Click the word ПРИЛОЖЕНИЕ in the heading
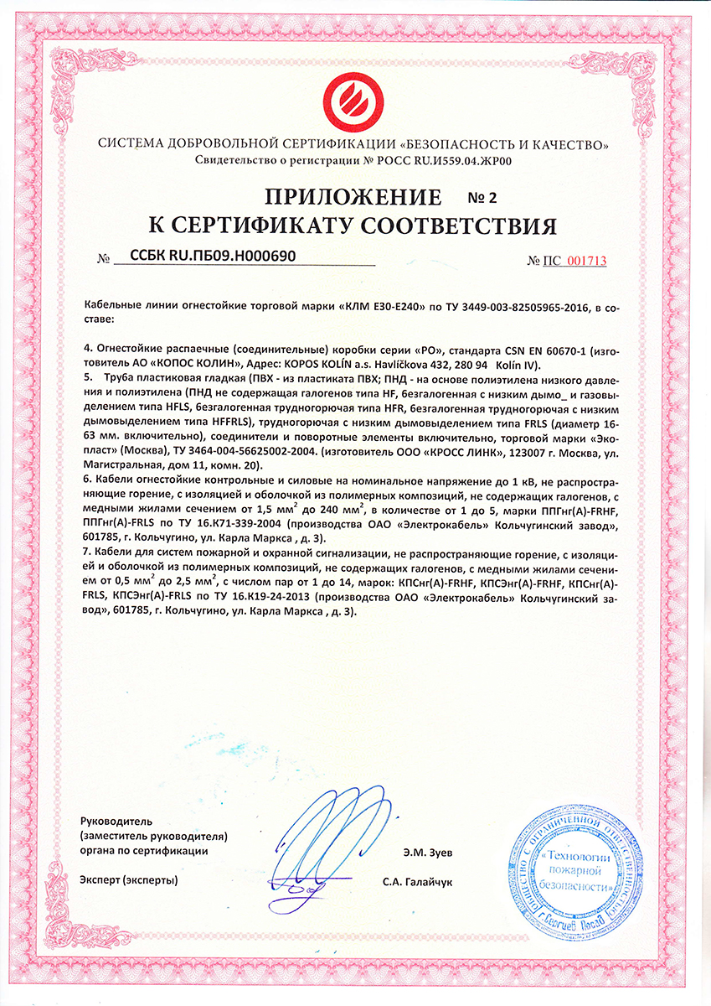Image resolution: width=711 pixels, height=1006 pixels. (353, 198)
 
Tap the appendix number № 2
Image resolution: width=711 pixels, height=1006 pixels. (481, 199)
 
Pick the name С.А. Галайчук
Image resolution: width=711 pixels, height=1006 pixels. (416, 882)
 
